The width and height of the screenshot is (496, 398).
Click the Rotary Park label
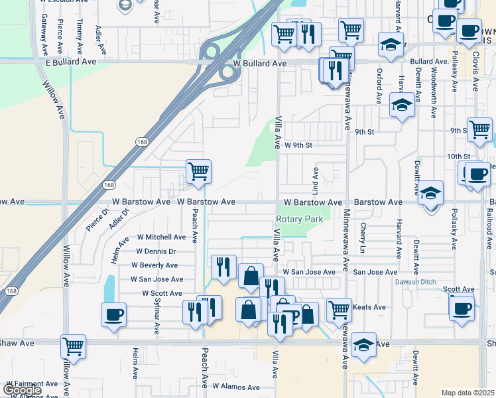(299, 219)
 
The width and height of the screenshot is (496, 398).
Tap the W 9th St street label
(298, 145)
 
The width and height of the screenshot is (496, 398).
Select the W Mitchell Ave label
(161, 237)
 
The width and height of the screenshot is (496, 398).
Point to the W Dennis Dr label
(156, 251)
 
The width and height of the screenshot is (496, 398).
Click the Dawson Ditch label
(415, 282)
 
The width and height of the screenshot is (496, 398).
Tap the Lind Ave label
(316, 178)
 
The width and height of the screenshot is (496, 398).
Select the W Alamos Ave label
(236, 386)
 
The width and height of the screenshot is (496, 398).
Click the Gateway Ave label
(44, 36)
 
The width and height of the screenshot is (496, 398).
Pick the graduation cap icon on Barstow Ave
(430, 193)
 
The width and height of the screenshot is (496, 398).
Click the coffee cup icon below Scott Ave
(462, 307)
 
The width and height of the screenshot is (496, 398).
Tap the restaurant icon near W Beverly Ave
(223, 267)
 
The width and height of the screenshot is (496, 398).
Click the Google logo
(22, 390)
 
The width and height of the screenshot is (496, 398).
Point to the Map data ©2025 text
(467, 393)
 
